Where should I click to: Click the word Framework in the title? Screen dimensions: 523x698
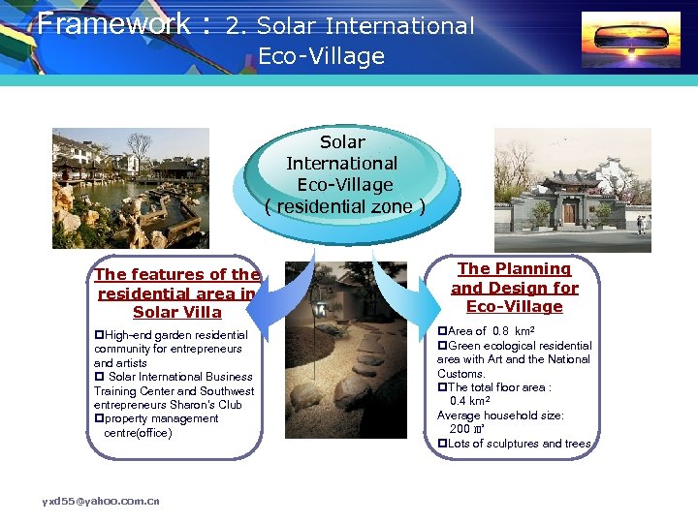click(113, 23)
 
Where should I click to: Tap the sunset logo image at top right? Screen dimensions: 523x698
click(630, 40)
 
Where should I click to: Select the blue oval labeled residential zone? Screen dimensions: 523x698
click(344, 174)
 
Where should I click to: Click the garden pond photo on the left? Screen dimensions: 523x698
click(130, 188)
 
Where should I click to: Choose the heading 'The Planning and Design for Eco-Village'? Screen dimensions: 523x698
click(514, 288)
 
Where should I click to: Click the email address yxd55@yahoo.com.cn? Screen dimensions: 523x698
click(101, 501)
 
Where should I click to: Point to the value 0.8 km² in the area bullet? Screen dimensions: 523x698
click(513, 331)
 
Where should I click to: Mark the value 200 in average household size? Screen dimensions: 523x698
click(460, 429)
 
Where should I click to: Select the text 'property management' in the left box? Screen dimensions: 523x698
click(160, 418)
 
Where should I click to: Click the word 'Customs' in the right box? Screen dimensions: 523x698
click(460, 374)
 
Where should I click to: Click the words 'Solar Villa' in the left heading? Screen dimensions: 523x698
click(177, 313)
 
